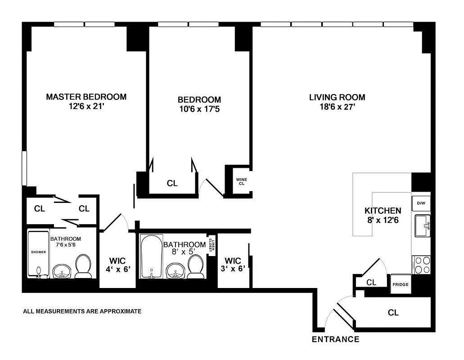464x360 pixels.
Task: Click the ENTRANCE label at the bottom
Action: (335, 339)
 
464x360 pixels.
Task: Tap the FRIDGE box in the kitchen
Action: (400, 284)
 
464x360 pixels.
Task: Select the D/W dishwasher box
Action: (421, 203)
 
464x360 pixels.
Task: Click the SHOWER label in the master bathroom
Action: (38, 252)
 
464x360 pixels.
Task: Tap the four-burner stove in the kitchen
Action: (421, 265)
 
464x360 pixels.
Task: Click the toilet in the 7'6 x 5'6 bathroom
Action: (83, 266)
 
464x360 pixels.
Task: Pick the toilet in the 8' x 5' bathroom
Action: (195, 267)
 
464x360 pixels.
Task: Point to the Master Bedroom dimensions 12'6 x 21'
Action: (86, 108)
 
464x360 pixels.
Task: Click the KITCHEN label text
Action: (383, 211)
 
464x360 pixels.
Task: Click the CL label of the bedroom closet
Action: (172, 183)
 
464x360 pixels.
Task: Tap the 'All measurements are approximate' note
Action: (82, 311)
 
